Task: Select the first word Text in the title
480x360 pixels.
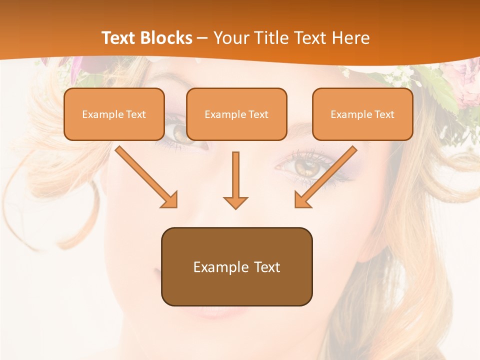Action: tap(119, 38)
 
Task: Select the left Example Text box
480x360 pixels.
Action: tap(114, 114)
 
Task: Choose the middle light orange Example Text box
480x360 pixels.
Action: tap(236, 114)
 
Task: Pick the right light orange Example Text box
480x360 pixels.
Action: tap(362, 114)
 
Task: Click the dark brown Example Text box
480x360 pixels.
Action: tap(236, 266)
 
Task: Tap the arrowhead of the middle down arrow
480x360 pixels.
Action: tap(235, 202)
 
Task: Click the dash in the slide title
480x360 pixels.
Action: tap(202, 38)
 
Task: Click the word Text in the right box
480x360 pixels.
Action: tap(384, 114)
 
